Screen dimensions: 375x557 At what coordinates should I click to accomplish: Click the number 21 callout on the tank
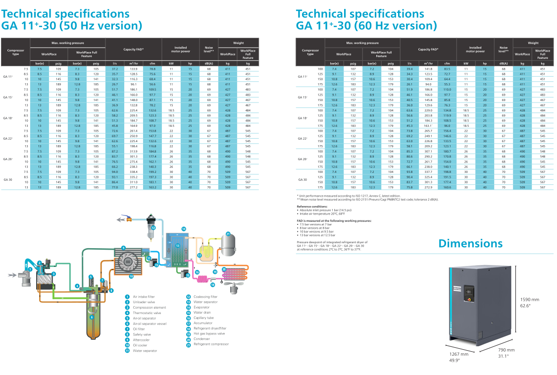[228, 234]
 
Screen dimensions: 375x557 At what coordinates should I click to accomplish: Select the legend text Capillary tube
[203, 318]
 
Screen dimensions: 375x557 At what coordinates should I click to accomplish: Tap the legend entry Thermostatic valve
[147, 313]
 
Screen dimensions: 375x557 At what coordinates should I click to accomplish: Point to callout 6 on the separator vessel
[92, 317]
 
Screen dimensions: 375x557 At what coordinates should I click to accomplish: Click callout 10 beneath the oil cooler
[131, 276]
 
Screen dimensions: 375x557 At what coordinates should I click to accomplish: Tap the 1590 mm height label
[529, 300]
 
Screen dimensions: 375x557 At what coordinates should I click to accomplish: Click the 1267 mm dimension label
[458, 354]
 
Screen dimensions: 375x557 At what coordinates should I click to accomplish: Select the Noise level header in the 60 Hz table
[504, 50]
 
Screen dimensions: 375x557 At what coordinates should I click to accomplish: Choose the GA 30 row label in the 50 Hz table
[8, 179]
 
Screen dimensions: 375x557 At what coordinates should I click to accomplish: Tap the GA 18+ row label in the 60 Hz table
[302, 118]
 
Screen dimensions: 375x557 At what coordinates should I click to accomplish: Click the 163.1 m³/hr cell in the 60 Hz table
[428, 126]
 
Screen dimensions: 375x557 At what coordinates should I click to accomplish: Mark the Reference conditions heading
[312, 206]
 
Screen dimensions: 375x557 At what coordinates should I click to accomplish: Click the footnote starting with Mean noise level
[361, 199]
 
